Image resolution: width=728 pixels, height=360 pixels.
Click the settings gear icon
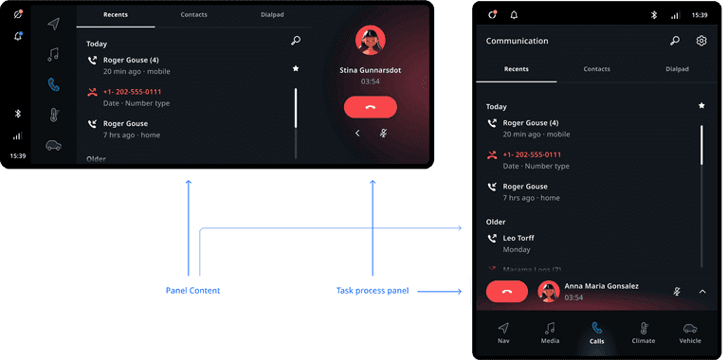click(701, 41)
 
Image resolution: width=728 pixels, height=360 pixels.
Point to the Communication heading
click(517, 41)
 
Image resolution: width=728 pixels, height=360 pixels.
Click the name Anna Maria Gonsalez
click(601, 286)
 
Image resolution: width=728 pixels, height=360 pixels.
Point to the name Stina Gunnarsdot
click(371, 69)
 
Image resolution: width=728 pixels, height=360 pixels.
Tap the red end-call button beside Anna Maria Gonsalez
click(506, 292)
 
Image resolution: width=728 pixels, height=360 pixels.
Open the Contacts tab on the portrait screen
click(596, 69)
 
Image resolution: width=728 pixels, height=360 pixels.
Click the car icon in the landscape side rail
click(53, 145)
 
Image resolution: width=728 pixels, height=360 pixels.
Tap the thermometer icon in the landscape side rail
click(53, 115)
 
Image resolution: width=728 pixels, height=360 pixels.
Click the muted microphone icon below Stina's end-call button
click(383, 133)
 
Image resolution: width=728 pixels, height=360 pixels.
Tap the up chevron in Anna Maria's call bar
click(701, 292)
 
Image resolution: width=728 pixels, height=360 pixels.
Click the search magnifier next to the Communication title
click(674, 41)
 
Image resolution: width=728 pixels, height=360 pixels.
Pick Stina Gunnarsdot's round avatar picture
click(371, 40)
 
